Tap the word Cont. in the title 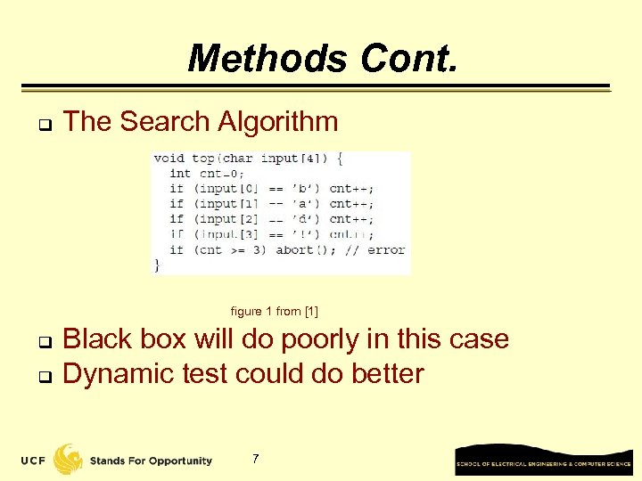(x=409, y=60)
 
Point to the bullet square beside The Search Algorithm (x=42, y=124)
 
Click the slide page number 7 (x=256, y=459)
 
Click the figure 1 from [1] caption (x=274, y=311)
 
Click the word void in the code (x=169, y=159)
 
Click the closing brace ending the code (x=158, y=265)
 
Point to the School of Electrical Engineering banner (x=543, y=460)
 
